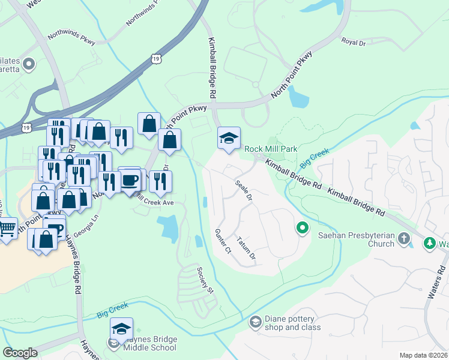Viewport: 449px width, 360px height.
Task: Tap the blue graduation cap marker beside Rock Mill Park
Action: (229, 139)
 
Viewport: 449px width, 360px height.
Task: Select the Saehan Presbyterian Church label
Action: (357, 239)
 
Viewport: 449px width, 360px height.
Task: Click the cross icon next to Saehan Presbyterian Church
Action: (404, 239)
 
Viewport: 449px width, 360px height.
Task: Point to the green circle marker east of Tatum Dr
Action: (302, 228)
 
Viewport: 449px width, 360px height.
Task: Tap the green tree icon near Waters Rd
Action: (430, 243)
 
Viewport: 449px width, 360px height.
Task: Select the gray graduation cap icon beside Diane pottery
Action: (256, 323)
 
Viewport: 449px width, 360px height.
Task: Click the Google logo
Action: (20, 353)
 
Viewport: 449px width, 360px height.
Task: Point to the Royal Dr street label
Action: (353, 42)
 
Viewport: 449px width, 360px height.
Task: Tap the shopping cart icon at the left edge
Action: (7, 228)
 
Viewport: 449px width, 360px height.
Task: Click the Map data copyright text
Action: (423, 355)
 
